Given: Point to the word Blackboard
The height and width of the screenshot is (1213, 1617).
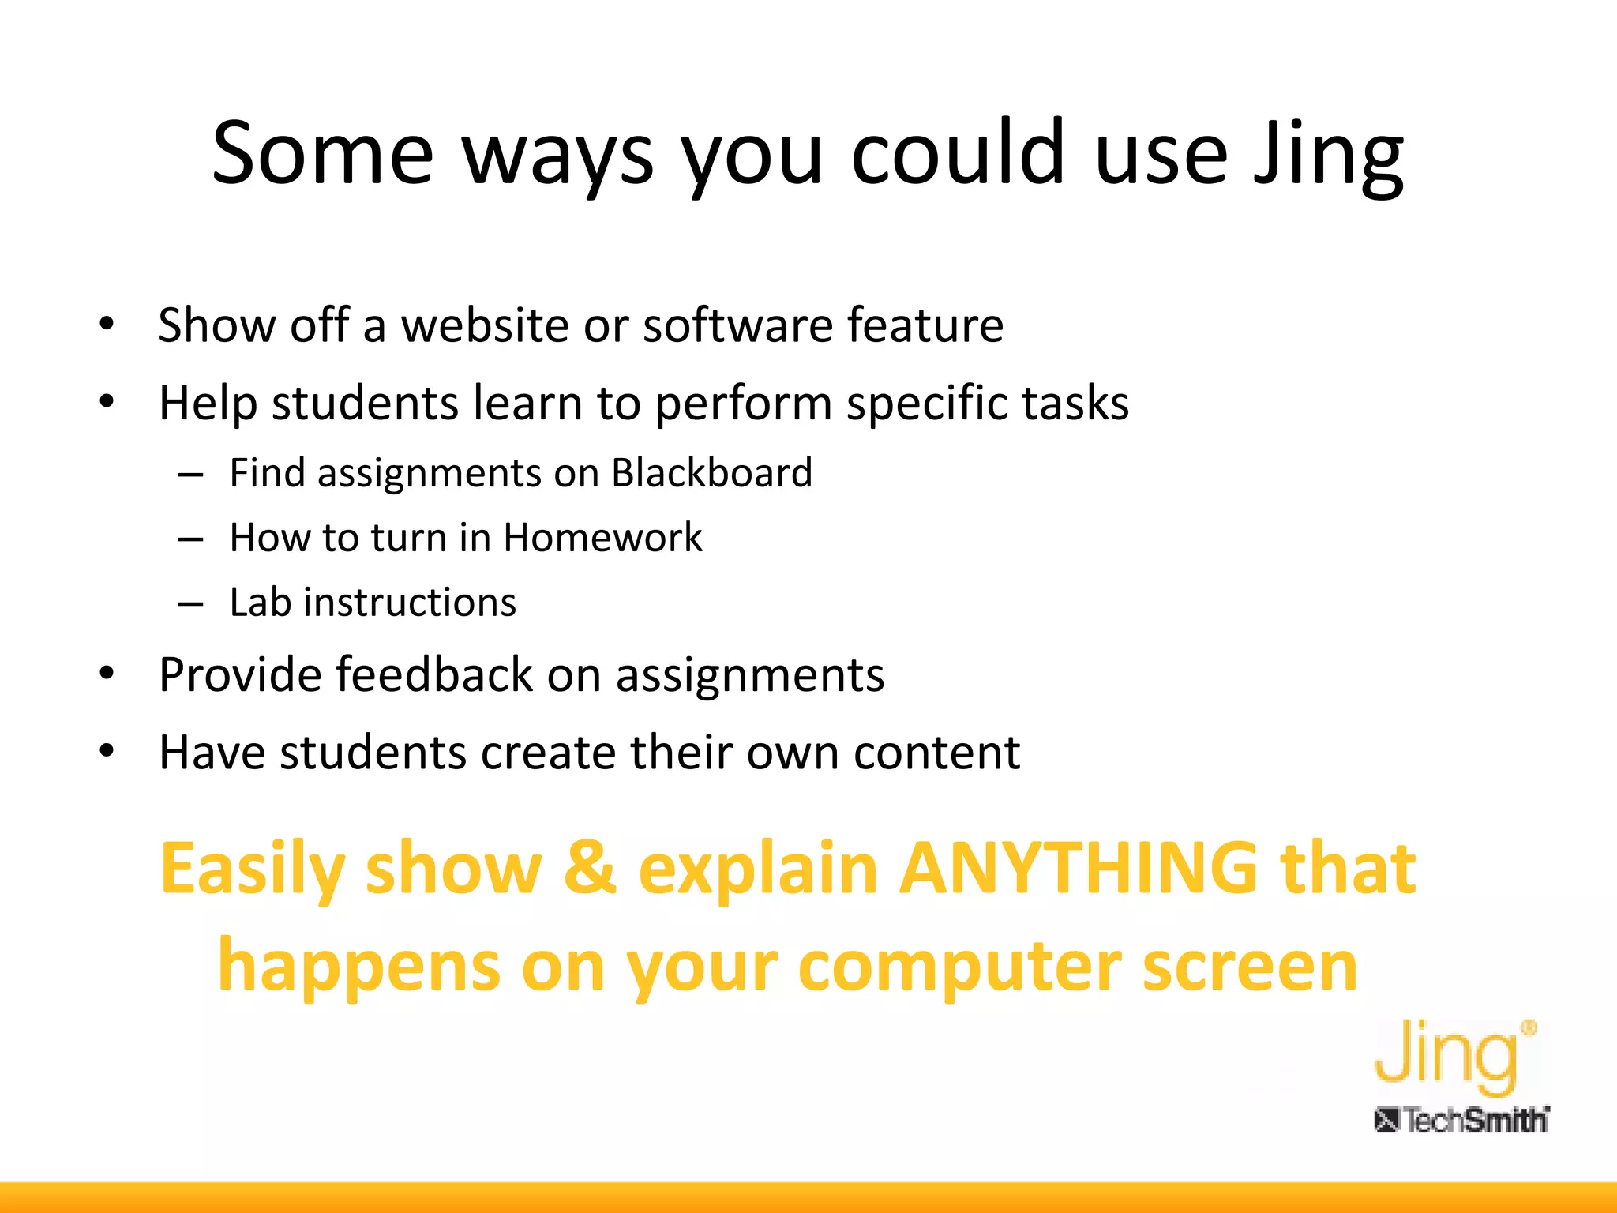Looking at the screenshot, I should point(711,474).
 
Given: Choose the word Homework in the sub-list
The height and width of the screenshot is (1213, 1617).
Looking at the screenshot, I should point(602,539).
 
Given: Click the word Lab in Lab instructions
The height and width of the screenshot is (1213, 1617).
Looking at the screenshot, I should point(260,603).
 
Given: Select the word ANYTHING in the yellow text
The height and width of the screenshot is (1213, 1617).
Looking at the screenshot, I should point(1079,869).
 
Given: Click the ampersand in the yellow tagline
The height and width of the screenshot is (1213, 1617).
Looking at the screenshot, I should point(589,869).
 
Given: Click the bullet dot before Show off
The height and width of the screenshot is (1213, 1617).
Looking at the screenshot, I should point(107,324).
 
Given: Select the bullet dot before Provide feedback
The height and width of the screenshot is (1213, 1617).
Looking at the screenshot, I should point(107,674).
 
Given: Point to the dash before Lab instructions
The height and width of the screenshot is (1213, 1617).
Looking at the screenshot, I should point(190,604).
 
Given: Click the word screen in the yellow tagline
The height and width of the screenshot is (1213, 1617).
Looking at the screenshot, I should point(1249,967).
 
